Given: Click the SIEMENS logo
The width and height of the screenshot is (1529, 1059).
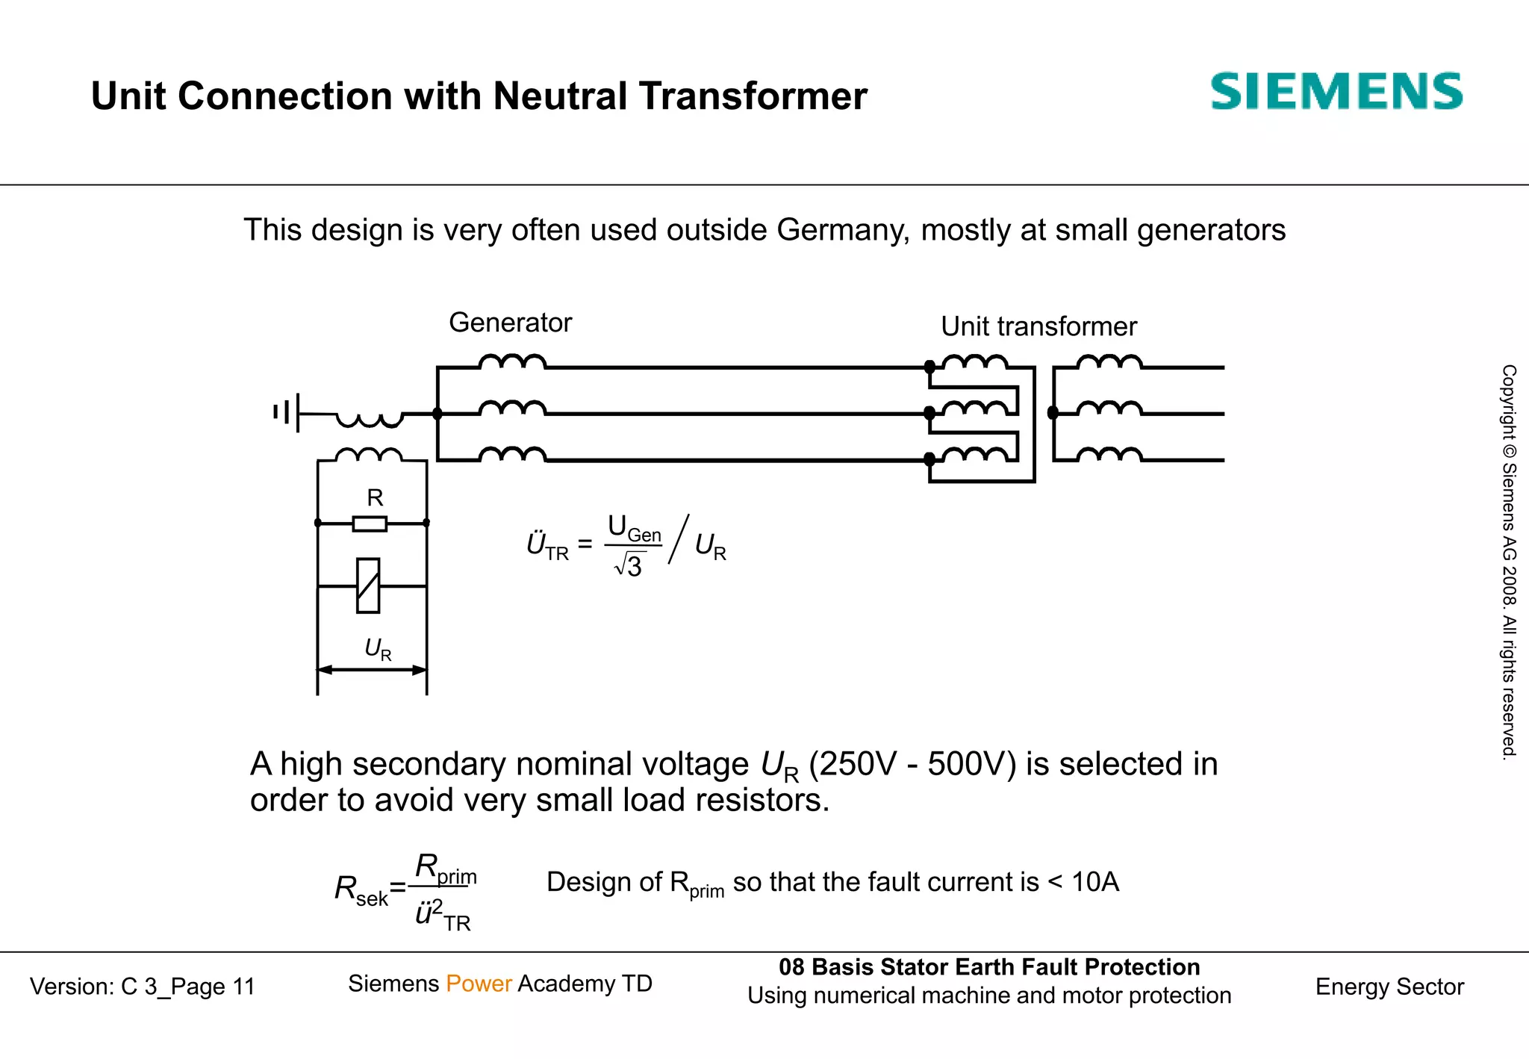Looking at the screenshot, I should [x=1336, y=92].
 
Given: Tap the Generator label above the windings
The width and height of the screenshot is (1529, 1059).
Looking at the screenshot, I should [x=510, y=323].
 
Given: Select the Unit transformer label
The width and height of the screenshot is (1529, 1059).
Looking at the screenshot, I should [x=1038, y=326].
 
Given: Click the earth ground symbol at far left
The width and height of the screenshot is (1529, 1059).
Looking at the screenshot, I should [x=287, y=412].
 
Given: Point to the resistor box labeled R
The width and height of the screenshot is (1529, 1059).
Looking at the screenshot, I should [x=370, y=524].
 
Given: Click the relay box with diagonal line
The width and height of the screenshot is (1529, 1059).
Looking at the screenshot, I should [x=368, y=586].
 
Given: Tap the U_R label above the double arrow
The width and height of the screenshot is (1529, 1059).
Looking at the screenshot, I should [x=377, y=649].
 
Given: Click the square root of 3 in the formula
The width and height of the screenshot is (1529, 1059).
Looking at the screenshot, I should [x=629, y=566].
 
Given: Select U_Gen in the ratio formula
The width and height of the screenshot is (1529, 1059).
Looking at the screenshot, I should [x=634, y=529].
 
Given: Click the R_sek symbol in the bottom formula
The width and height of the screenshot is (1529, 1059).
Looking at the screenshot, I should [x=361, y=890].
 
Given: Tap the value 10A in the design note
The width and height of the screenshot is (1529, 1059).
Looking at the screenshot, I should [x=1094, y=882].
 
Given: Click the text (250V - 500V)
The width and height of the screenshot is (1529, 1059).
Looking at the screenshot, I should [x=912, y=764].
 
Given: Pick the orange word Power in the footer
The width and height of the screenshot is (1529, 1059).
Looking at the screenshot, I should [x=479, y=984].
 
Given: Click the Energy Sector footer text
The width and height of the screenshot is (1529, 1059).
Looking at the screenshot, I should [x=1389, y=987].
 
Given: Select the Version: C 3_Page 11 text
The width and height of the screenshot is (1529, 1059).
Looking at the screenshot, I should [x=143, y=987].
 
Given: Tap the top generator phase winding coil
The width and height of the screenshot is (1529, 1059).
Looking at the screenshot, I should [x=512, y=362].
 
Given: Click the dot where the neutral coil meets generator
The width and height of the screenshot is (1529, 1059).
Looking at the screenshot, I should [x=437, y=414].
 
